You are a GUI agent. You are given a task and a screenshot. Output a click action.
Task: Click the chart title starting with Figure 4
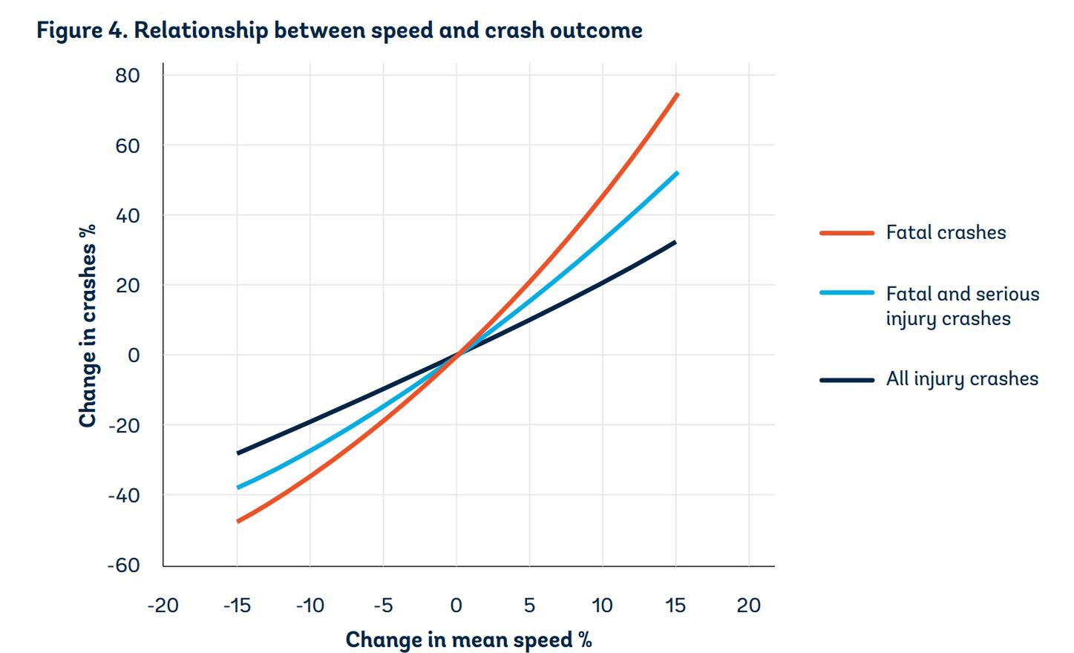pyautogui.click(x=339, y=30)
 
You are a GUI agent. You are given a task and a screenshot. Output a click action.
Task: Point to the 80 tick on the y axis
pyautogui.click(x=128, y=76)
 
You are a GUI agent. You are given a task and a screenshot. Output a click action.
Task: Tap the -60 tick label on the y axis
pyautogui.click(x=123, y=565)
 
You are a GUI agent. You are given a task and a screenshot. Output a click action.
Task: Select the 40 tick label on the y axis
pyautogui.click(x=128, y=216)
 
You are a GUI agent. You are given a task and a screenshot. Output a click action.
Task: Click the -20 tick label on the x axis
pyautogui.click(x=163, y=606)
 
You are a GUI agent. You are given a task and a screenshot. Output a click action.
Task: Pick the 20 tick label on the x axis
pyautogui.click(x=748, y=606)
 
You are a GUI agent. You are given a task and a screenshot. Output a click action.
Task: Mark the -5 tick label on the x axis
pyautogui.click(x=382, y=606)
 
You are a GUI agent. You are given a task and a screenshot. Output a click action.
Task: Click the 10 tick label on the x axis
pyautogui.click(x=602, y=606)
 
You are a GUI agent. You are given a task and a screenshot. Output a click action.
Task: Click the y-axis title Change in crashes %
pyautogui.click(x=88, y=326)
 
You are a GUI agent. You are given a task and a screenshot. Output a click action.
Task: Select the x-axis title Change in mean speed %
pyautogui.click(x=468, y=640)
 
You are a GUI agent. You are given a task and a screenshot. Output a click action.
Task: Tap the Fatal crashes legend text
pyautogui.click(x=946, y=233)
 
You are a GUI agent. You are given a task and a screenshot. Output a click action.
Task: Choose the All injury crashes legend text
pyautogui.click(x=962, y=379)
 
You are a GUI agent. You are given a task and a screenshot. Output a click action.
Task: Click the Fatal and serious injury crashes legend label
pyautogui.click(x=962, y=306)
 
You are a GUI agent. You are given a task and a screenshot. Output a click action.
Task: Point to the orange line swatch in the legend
pyautogui.click(x=847, y=233)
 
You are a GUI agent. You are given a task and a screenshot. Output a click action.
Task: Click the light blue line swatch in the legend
pyautogui.click(x=847, y=293)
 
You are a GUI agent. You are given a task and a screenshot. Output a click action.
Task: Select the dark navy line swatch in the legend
pyautogui.click(x=847, y=380)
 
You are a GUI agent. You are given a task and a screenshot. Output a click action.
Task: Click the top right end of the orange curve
pyautogui.click(x=677, y=95)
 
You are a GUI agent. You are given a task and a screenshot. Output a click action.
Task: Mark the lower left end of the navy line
pyautogui.click(x=238, y=453)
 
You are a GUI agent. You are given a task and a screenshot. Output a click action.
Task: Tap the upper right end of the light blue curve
pyautogui.click(x=677, y=174)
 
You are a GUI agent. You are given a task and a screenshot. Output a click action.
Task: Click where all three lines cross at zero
pyautogui.click(x=457, y=354)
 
